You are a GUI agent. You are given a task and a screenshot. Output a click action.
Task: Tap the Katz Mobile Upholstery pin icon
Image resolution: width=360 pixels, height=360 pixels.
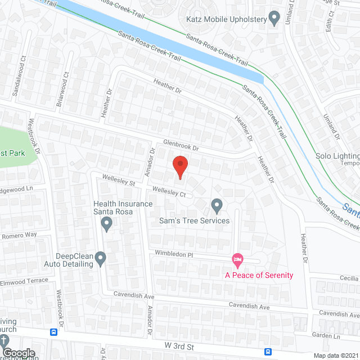point(274,19)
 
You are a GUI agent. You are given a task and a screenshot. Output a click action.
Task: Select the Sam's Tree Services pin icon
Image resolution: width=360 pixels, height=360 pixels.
point(217,206)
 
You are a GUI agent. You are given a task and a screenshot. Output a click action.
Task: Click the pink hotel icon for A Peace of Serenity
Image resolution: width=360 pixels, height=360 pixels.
point(237,259)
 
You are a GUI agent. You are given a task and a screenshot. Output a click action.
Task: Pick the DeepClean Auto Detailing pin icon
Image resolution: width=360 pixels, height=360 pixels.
point(101,259)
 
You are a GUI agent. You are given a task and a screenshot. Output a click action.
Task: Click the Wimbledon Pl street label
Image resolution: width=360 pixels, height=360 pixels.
point(174,254)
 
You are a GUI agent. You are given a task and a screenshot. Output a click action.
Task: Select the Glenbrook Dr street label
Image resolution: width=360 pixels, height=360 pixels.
point(182,146)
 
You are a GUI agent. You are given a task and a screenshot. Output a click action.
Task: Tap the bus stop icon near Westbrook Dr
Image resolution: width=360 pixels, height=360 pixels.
point(54,332)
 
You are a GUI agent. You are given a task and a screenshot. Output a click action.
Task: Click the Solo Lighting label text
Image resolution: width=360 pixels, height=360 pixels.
point(337,156)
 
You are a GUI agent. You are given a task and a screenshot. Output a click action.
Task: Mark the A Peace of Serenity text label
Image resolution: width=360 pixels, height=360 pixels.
point(259,275)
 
